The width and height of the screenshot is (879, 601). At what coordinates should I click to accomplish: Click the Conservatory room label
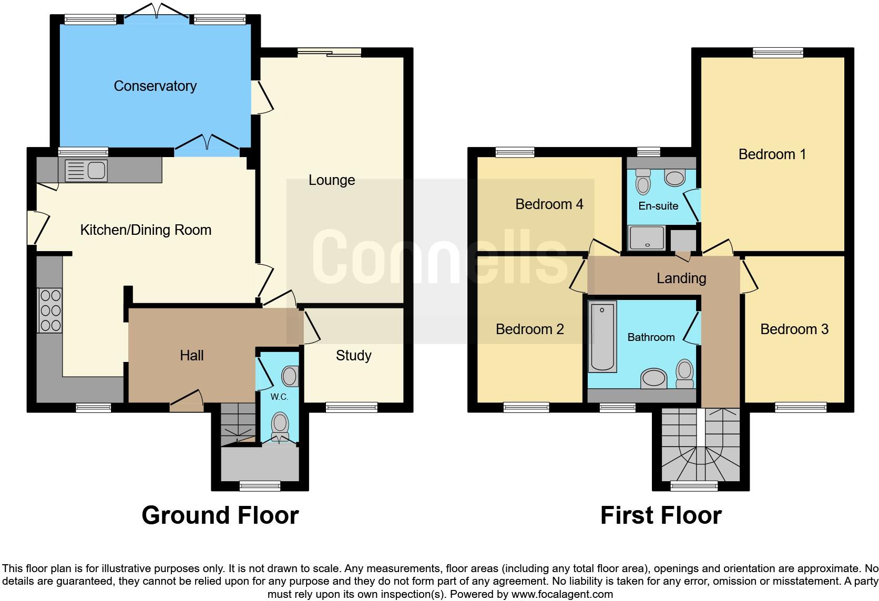155,86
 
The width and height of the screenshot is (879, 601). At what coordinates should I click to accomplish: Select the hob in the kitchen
49,310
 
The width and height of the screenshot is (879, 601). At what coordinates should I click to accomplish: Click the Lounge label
332,180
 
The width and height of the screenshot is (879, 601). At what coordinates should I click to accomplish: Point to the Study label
353,356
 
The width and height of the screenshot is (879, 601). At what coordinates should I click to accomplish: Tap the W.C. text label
279,397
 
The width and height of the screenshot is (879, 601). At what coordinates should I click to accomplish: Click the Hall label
191,356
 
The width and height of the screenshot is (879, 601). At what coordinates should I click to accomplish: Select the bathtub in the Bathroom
602,336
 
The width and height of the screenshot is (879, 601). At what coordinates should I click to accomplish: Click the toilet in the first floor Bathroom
684,374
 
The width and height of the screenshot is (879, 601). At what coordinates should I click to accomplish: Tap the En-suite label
658,206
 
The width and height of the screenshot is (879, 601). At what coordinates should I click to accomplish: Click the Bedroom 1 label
772,154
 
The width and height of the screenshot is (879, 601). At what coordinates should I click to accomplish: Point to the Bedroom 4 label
549,204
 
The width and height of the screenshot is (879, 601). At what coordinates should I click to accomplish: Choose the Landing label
681,278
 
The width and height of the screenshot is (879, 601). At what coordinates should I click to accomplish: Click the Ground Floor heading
220,515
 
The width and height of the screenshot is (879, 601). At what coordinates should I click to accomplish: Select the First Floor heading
661,515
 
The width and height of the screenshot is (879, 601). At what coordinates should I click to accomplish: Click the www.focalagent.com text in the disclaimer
563,594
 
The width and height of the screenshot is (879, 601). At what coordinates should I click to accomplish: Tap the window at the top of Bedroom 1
778,52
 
